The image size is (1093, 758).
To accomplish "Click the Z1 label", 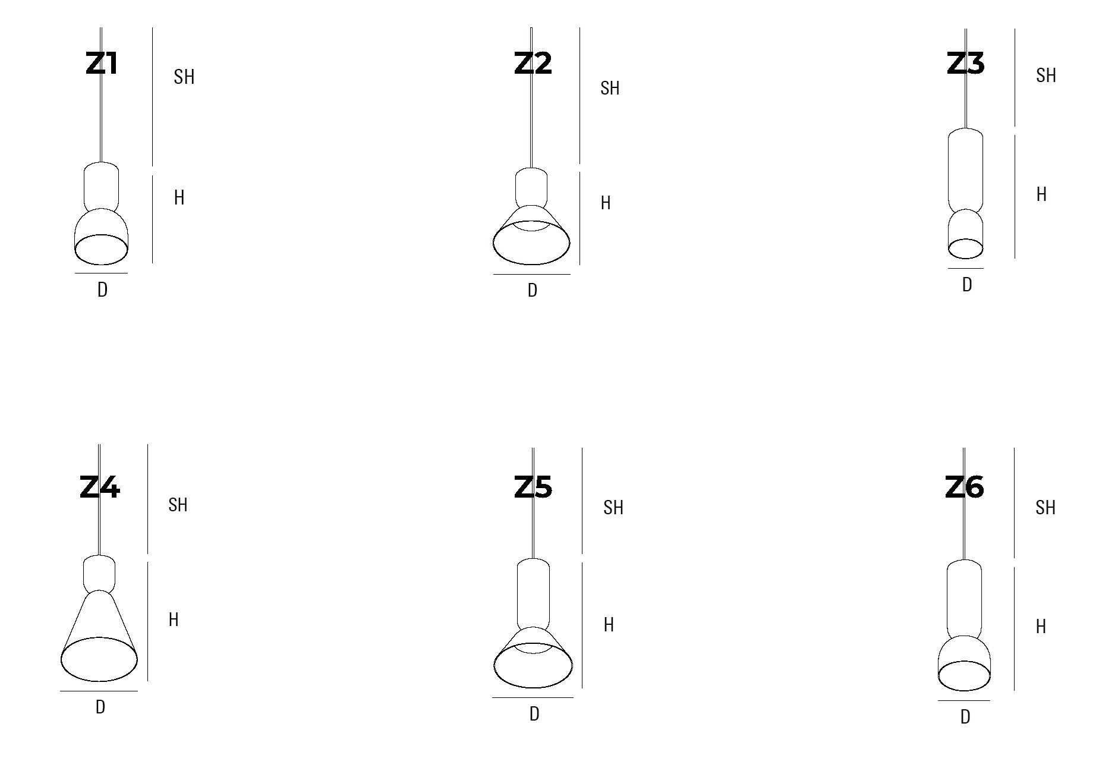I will coord(102,64).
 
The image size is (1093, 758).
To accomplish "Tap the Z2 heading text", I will coord(533,64).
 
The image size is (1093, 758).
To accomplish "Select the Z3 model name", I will coord(965,64).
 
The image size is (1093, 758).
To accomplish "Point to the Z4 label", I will coord(100,487).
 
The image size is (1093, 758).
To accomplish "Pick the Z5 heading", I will coord(533,487).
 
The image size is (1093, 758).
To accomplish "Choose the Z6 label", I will coord(965,487).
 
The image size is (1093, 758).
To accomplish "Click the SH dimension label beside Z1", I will coord(184,77).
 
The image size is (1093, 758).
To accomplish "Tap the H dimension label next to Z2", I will coord(606,203).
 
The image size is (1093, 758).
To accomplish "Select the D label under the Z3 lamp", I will coord(967,285).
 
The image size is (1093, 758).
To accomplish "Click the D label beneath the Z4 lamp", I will coord(100,707).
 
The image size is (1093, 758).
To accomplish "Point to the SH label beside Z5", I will coord(613,508).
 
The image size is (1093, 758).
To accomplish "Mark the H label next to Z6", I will coord(1041,627).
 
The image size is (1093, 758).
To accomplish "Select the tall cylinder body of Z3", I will coord(965,169).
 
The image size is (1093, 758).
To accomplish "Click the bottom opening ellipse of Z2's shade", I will coord(531,244).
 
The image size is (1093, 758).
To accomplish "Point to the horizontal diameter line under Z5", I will coord(533,698).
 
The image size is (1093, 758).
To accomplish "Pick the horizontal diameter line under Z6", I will coord(964,701).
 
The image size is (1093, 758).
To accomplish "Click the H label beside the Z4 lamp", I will coord(174,620).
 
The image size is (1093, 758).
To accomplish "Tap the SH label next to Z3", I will coord(1046,76).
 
